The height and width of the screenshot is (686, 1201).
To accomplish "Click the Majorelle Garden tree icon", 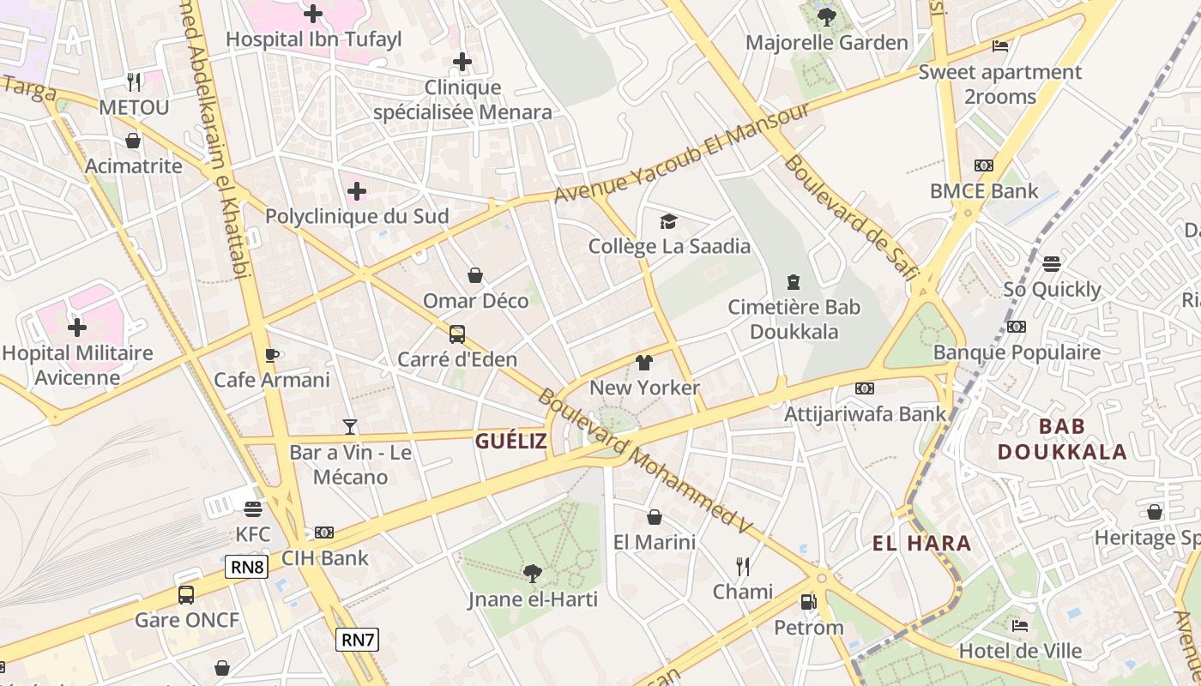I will (827, 16).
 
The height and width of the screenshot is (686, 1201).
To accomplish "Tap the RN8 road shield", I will (247, 567).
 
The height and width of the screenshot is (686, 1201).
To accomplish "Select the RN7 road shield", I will (358, 640).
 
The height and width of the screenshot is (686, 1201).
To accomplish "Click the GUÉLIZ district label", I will (511, 441).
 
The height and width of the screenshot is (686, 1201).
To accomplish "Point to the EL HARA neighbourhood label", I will (921, 543).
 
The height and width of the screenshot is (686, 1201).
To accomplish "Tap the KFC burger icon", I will (252, 509).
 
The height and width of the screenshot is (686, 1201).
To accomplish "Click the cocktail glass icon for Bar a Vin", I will (350, 426).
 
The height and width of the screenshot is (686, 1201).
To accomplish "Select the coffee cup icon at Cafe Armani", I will (272, 354).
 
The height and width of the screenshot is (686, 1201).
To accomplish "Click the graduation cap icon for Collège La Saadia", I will (668, 222).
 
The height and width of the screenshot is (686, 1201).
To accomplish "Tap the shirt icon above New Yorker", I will (644, 363).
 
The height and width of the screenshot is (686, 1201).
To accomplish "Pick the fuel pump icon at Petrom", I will (808, 602).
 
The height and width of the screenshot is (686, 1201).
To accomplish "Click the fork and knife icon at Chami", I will (743, 566).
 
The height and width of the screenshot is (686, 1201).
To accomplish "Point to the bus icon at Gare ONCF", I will (186, 594).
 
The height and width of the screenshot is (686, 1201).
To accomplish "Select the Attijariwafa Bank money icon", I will (865, 388).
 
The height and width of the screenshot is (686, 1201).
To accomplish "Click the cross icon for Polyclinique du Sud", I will (357, 190).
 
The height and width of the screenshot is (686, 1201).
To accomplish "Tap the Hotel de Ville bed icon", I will (1020, 625).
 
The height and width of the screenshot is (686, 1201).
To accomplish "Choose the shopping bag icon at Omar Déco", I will (475, 275).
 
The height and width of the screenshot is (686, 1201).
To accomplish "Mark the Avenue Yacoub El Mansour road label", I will (682, 154).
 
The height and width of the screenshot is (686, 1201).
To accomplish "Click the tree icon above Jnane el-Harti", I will (533, 573).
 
